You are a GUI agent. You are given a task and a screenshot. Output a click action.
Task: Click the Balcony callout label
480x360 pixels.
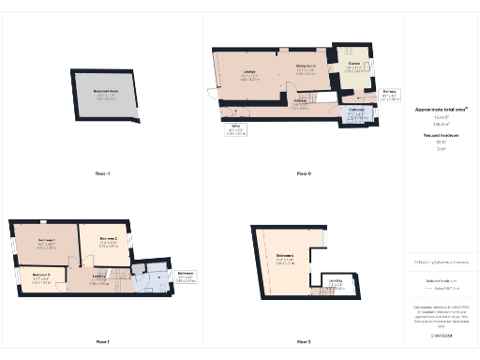(x=390, y=92)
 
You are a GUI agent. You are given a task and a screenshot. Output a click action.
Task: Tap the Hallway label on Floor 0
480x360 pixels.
(x=301, y=101)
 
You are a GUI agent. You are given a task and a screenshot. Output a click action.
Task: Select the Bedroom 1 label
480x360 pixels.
(x=47, y=241)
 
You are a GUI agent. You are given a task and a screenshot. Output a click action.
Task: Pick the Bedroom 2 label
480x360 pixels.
(x=109, y=239)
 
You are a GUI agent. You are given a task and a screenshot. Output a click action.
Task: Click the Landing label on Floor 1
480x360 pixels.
(x=99, y=277)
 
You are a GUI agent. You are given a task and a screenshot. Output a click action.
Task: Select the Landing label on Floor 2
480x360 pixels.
(x=335, y=281)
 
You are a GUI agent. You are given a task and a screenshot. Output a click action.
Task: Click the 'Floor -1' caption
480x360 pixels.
(x=103, y=173)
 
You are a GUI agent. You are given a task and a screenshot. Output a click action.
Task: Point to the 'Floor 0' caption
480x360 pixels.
(x=303, y=173)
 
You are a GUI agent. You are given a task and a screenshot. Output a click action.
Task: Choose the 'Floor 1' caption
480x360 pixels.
(x=102, y=341)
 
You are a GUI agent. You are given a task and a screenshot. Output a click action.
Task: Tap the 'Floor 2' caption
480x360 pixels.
(x=303, y=341)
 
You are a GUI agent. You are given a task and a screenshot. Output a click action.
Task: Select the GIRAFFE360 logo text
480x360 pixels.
(x=442, y=335)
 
